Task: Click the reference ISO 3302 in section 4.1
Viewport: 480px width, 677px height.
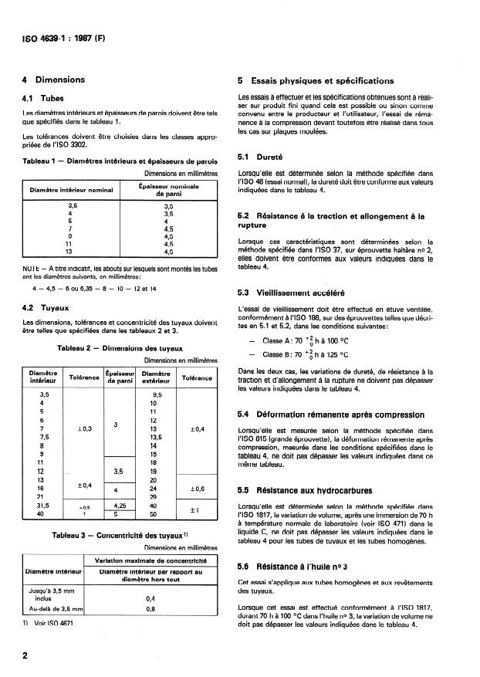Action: (70, 145)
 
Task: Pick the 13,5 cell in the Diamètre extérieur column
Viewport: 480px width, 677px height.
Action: (154, 435)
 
